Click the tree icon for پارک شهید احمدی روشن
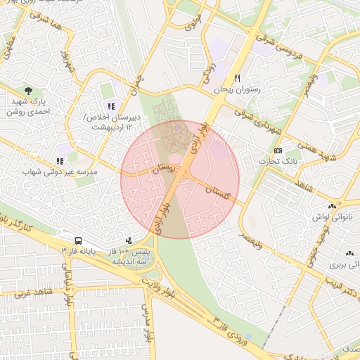click(28, 91)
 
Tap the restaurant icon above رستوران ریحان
click(238, 78)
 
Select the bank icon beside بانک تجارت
click(278, 150)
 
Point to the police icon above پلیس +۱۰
click(128, 240)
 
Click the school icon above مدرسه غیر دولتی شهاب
click(59, 161)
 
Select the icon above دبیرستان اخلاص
click(111, 105)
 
